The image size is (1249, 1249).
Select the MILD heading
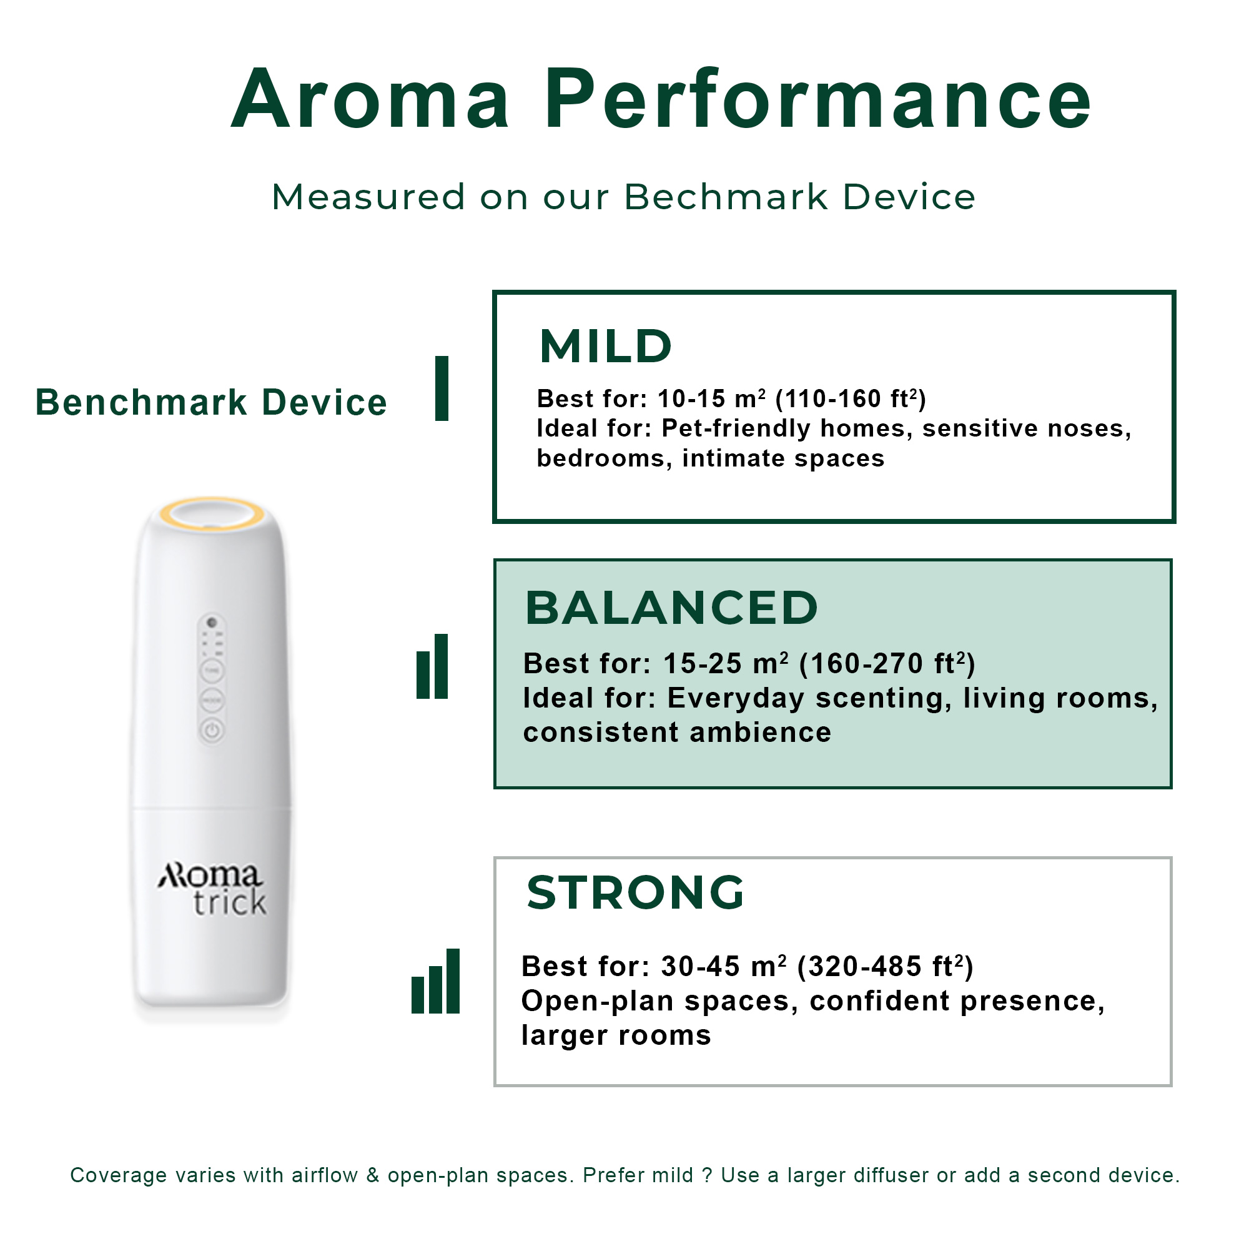(x=606, y=347)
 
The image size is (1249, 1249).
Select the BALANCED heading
(x=672, y=608)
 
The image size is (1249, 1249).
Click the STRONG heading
(x=636, y=893)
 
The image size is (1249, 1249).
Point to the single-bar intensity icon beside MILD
(x=442, y=388)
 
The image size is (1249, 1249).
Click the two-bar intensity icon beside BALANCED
(x=433, y=666)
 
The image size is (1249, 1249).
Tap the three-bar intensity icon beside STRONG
(x=436, y=981)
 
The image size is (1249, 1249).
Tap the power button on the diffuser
(x=212, y=731)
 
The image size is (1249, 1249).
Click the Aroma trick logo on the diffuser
(x=212, y=889)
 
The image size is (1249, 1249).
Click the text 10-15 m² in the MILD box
(x=712, y=399)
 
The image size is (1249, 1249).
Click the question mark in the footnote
(x=708, y=1175)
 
